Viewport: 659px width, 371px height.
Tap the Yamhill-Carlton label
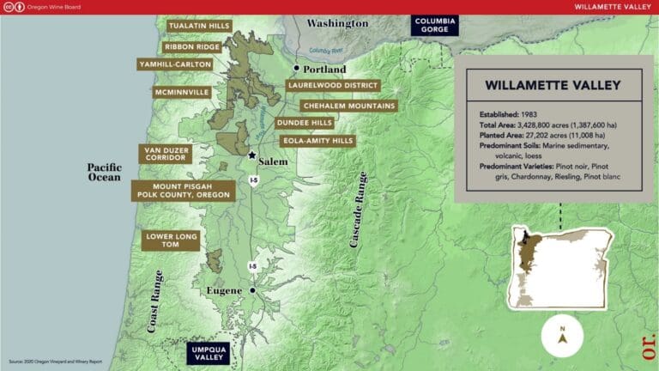[x=175, y=64]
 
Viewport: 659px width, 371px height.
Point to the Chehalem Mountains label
[x=348, y=106]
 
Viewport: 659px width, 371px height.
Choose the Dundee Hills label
[x=304, y=123]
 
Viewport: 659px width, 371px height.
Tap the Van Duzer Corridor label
[x=164, y=153]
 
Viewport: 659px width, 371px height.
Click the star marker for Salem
[x=251, y=155]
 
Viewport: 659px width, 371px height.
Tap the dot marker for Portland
[x=297, y=68]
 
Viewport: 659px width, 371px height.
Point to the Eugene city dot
[x=252, y=291]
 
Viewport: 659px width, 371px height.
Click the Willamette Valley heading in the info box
[x=553, y=86]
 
